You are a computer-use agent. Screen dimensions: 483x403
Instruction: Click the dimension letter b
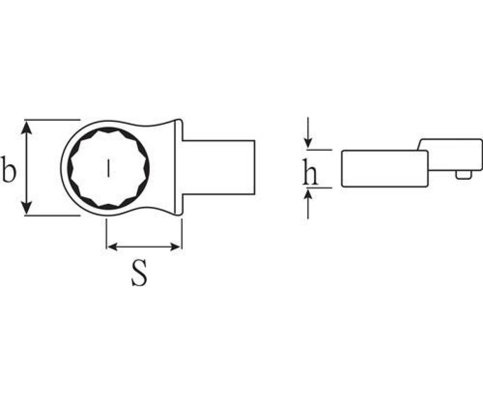point(8,169)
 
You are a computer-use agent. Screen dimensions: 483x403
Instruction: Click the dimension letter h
point(310,172)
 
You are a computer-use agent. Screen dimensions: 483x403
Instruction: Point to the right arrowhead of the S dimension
point(175,247)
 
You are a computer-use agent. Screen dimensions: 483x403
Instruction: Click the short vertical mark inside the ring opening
point(108,168)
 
